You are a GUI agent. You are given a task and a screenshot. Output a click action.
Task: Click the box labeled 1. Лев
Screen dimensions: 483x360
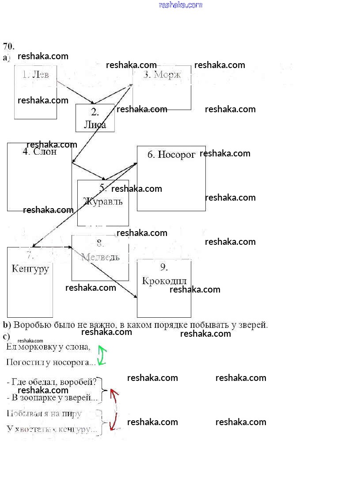pyautogui.click(x=35, y=92)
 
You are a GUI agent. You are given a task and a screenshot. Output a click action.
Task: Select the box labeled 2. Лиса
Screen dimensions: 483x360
pyautogui.click(x=95, y=118)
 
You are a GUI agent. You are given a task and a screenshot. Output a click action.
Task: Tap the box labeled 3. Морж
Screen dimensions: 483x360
pyautogui.click(x=162, y=87)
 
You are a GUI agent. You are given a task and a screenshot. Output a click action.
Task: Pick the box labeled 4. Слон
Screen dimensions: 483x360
pyautogui.click(x=39, y=177)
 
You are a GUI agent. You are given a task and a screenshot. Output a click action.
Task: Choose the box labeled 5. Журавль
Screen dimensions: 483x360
pyautogui.click(x=103, y=203)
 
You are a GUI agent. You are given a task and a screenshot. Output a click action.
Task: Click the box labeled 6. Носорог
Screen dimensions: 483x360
pyautogui.click(x=171, y=178)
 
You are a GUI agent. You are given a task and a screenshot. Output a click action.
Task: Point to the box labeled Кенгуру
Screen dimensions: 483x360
pyautogui.click(x=30, y=282)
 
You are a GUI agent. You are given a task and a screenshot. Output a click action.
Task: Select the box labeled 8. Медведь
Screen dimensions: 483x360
pyautogui.click(x=100, y=258)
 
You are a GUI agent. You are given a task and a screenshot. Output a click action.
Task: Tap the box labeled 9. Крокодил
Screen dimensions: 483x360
pyautogui.click(x=164, y=288)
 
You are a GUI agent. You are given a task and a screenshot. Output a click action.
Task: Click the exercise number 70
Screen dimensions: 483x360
pyautogui.click(x=9, y=46)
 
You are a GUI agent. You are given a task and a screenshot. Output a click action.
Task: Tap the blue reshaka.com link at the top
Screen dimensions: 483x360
pyautogui.click(x=180, y=5)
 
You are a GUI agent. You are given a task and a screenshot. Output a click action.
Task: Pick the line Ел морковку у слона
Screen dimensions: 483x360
pyautogui.click(x=49, y=347)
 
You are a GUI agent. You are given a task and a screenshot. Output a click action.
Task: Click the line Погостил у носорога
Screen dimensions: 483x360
pyautogui.click(x=51, y=362)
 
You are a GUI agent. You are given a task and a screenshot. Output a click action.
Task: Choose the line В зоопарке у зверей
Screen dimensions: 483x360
pyautogui.click(x=52, y=398)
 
